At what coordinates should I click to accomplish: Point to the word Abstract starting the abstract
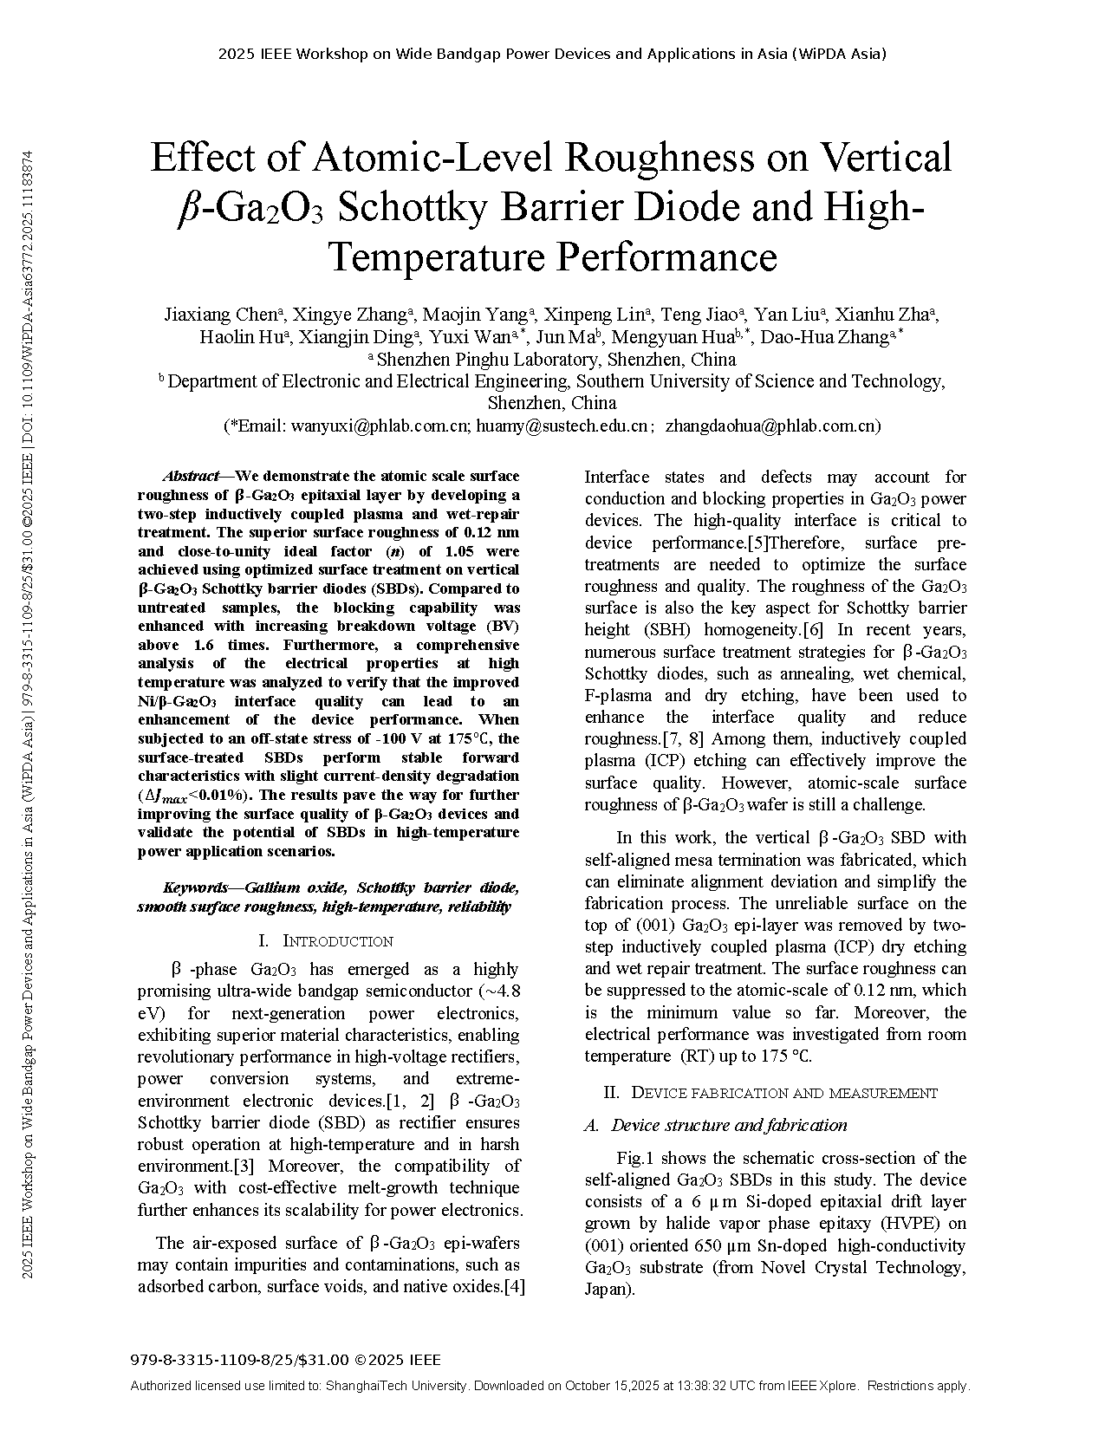pyautogui.click(x=191, y=476)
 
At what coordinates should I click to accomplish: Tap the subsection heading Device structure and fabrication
pyautogui.click(x=728, y=1125)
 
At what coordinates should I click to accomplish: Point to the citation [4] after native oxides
pyautogui.click(x=515, y=1286)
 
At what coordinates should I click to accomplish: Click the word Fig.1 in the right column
pyautogui.click(x=633, y=1158)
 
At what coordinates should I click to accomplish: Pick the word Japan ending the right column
pyautogui.click(x=608, y=1289)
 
